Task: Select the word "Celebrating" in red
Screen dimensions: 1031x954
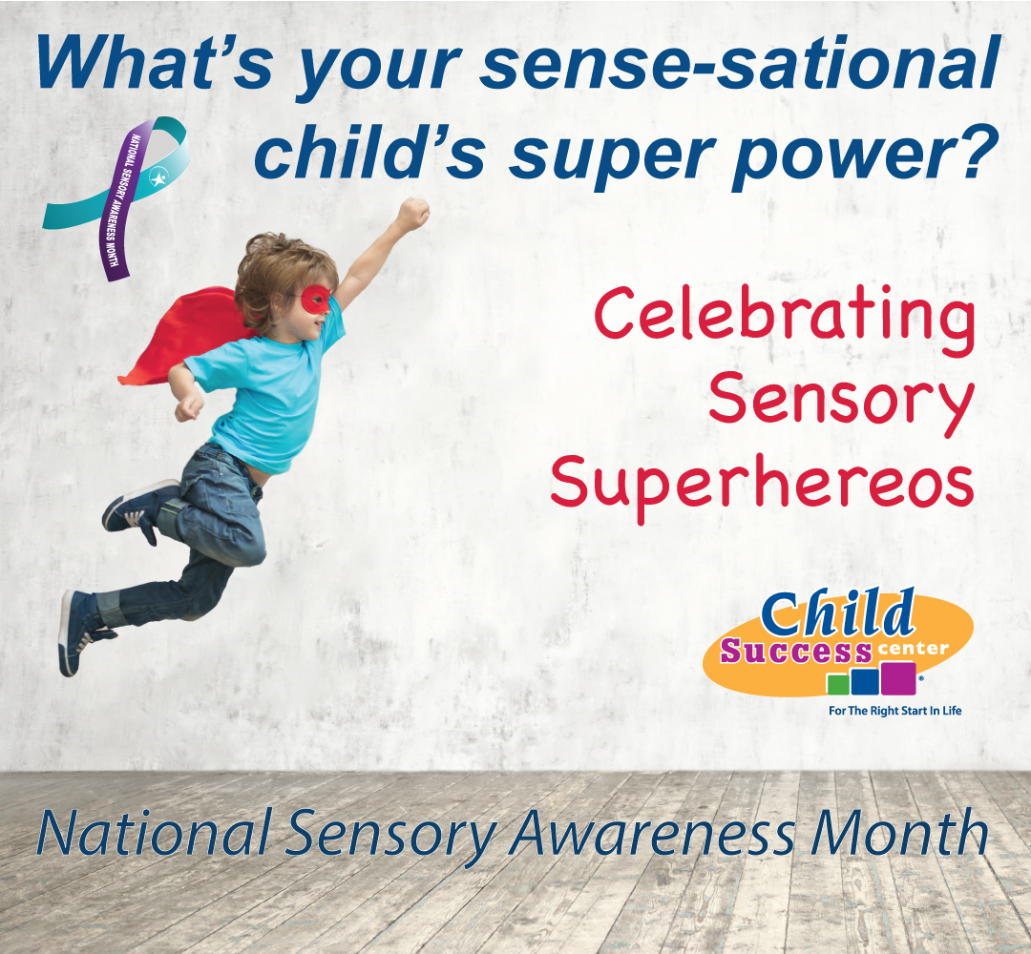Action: coord(785,320)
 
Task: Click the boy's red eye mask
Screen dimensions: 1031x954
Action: coord(316,299)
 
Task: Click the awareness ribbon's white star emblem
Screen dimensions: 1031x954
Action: coord(158,177)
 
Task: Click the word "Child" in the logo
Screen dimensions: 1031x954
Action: coord(837,613)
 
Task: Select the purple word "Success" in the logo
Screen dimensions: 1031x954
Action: coord(796,652)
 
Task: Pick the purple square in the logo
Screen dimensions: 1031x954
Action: coord(898,678)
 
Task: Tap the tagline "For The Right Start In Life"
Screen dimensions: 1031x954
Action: coord(894,710)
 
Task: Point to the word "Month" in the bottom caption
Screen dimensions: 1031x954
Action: coord(899,832)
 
